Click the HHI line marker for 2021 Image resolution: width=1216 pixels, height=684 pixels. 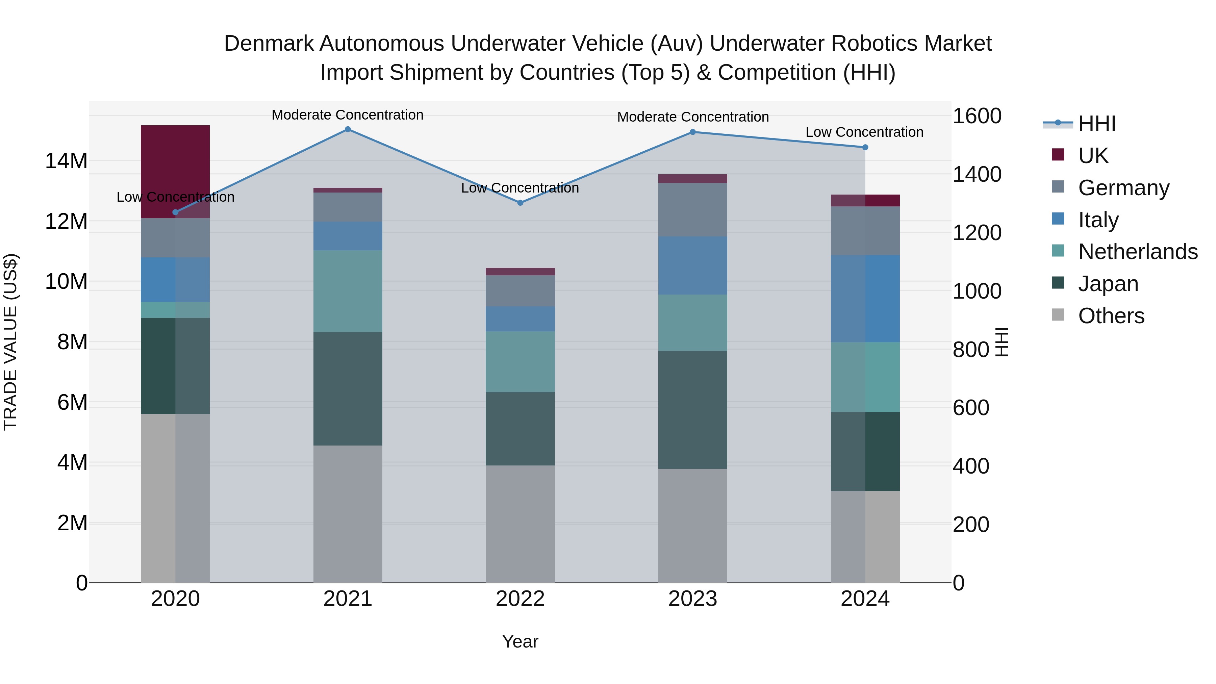(x=348, y=129)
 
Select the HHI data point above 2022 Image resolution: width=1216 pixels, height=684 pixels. (x=520, y=203)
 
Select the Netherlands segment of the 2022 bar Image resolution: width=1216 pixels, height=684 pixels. (x=520, y=361)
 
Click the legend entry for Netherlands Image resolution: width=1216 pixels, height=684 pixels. (x=1138, y=252)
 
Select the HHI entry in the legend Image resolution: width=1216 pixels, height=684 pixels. (x=1096, y=124)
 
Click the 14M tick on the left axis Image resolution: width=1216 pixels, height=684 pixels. (x=66, y=161)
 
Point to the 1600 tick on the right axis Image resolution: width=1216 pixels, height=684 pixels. (x=977, y=116)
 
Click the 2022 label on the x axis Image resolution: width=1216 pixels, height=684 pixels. (x=520, y=599)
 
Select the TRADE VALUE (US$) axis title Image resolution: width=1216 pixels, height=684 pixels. (x=11, y=342)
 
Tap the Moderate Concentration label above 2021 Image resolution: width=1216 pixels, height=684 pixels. (x=348, y=115)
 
